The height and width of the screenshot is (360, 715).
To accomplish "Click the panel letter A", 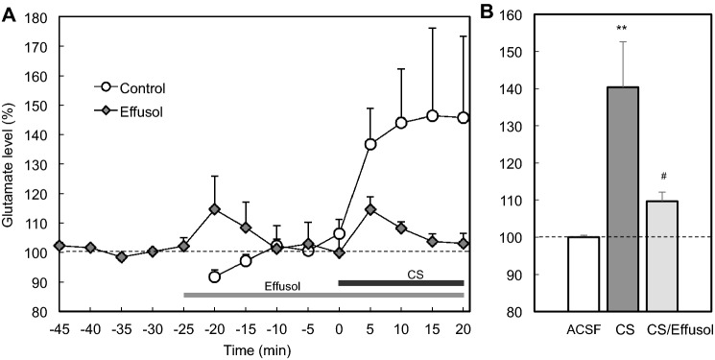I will (9, 12).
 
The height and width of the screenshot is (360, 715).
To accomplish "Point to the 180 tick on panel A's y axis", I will (40, 17).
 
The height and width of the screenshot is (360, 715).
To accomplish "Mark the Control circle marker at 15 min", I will (432, 116).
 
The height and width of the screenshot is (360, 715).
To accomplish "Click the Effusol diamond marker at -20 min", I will (214, 209).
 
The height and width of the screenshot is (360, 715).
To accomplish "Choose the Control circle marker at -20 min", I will (214, 276).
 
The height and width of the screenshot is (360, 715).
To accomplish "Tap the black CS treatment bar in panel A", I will (401, 283).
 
